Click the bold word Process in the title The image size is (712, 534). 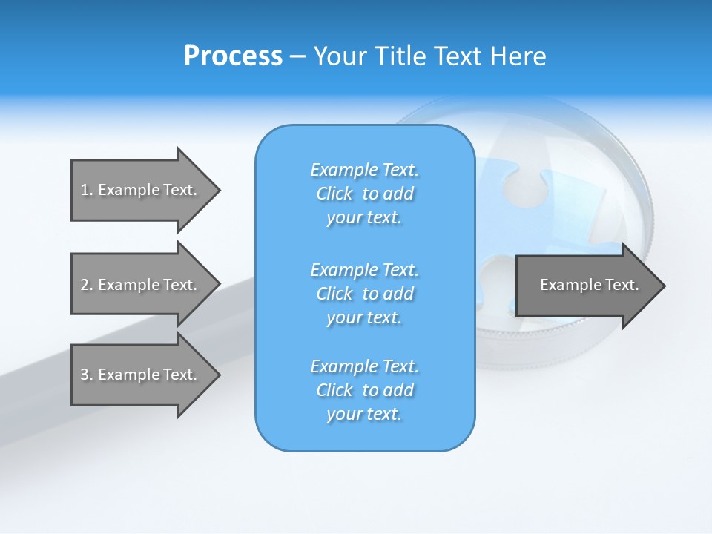[x=233, y=56]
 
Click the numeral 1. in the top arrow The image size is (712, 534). [x=86, y=190]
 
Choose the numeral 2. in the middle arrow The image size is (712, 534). [x=86, y=285]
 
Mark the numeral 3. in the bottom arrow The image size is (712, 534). [x=86, y=375]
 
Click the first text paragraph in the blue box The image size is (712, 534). [x=365, y=194]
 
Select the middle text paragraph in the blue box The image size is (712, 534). [x=365, y=293]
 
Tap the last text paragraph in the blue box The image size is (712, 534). [x=365, y=390]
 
